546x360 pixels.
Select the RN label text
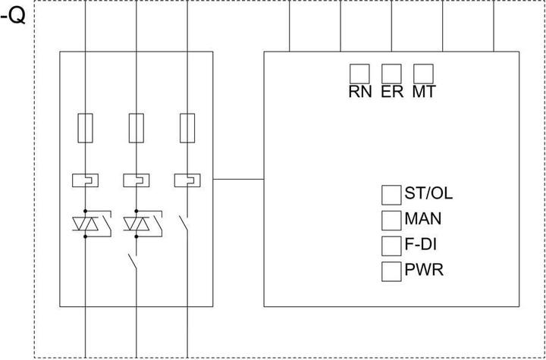point(359,92)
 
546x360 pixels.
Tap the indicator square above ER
point(391,73)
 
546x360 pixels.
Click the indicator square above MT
point(423,73)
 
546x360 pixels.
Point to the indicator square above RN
point(359,73)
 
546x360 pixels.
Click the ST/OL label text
point(428,193)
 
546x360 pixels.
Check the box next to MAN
point(391,220)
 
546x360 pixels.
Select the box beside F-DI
point(391,246)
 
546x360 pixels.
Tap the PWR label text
point(424,271)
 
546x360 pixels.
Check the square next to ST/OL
point(391,194)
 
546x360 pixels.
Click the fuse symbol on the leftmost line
point(85,127)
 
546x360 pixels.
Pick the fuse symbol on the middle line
point(136,127)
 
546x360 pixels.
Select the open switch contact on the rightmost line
point(184,225)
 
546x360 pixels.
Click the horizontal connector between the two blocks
point(238,180)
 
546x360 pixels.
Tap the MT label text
point(424,92)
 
